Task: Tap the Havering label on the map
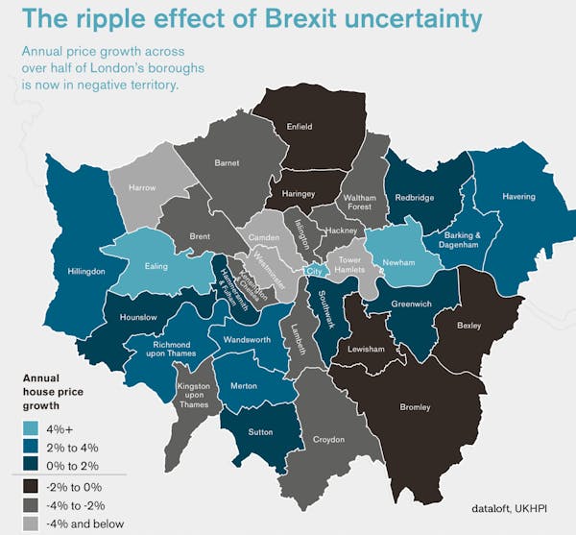pos(518,197)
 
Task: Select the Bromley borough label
pos(415,408)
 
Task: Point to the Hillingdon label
pos(86,272)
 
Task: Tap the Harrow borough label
pos(141,187)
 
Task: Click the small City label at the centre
pos(312,272)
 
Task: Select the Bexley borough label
pos(468,326)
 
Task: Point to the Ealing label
pos(156,265)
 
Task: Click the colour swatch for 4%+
pos(33,427)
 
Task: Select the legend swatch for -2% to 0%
pos(33,487)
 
